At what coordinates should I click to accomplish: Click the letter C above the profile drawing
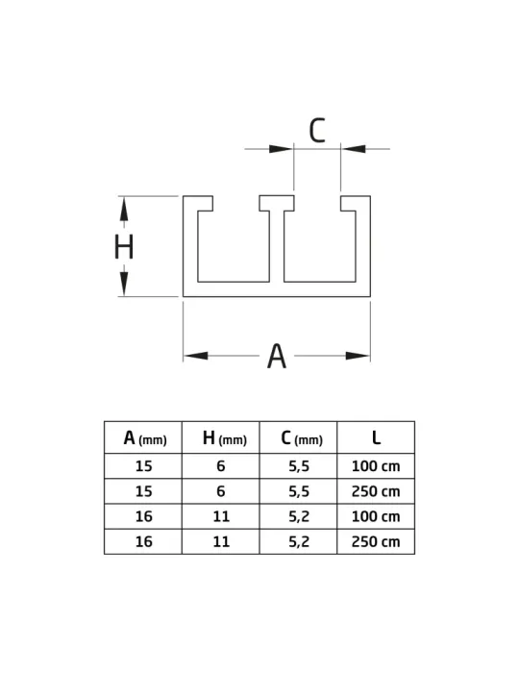(x=317, y=130)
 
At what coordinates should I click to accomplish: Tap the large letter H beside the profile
(x=124, y=246)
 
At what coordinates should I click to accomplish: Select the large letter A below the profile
(x=277, y=356)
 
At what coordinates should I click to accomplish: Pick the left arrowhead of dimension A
(x=196, y=356)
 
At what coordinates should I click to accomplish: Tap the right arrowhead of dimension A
(x=358, y=356)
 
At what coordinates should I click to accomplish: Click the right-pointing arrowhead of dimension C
(x=281, y=149)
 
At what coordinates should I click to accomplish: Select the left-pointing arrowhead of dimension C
(x=354, y=149)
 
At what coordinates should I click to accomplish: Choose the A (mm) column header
(x=144, y=438)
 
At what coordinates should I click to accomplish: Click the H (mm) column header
(x=224, y=438)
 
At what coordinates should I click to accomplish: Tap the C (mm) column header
(x=302, y=438)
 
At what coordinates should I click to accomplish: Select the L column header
(x=376, y=437)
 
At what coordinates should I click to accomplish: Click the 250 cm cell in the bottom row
(x=376, y=541)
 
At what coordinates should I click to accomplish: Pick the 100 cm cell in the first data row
(x=376, y=466)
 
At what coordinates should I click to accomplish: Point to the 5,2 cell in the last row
(x=299, y=542)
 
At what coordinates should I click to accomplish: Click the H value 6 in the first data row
(x=221, y=466)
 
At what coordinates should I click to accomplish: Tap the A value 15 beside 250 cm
(x=144, y=491)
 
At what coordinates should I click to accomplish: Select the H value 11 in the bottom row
(x=221, y=541)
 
